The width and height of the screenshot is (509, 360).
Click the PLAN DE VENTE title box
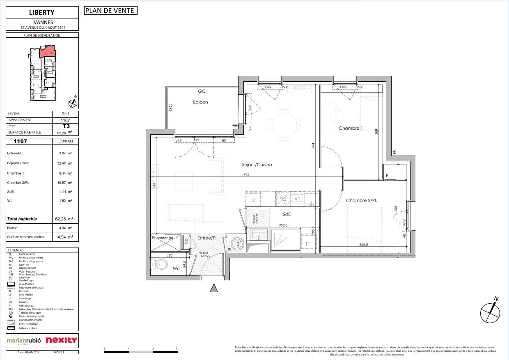(x=110, y=11)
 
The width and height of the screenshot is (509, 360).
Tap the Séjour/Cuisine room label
(x=257, y=165)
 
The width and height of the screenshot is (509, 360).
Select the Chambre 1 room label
(x=351, y=128)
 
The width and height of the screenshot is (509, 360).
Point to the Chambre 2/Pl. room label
(x=362, y=201)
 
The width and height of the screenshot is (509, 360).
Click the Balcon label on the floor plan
(x=200, y=102)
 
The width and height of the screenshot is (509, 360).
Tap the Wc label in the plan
(x=176, y=269)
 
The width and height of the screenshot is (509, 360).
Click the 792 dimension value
(x=246, y=174)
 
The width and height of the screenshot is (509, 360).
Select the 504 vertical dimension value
(x=313, y=145)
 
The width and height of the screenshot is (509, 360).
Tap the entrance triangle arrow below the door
(x=214, y=288)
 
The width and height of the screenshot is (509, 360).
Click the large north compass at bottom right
(x=490, y=312)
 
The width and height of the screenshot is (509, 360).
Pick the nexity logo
(x=61, y=340)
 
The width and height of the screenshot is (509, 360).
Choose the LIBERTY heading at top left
(x=42, y=12)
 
